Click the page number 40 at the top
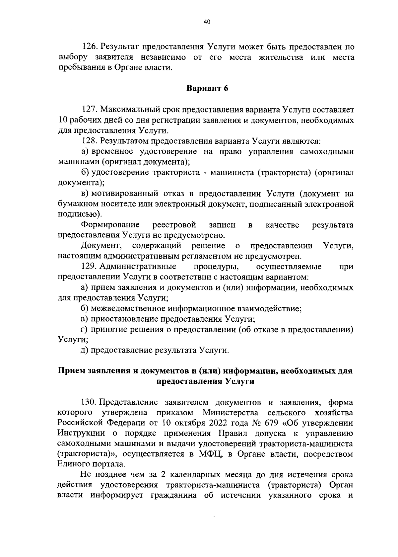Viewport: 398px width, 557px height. [x=207, y=22]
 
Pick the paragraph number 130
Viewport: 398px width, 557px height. [x=89, y=403]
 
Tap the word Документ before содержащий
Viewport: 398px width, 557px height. [x=101, y=246]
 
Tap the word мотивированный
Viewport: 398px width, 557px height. [x=124, y=194]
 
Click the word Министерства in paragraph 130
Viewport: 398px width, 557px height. [x=231, y=413]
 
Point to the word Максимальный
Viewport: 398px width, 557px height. [x=131, y=110]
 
